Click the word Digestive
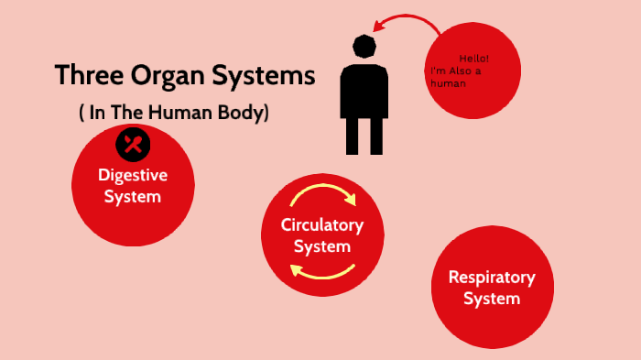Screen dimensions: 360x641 point(133,176)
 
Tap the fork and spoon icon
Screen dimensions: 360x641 point(133,144)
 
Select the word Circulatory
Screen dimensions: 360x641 point(322,225)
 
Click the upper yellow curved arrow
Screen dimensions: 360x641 point(321,196)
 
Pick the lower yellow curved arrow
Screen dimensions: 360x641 point(322,270)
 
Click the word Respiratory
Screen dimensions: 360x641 point(492,278)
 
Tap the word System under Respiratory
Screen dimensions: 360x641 point(492,299)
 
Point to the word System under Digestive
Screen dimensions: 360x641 point(133,196)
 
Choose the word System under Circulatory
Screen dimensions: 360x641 point(322,246)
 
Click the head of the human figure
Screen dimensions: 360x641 point(364,47)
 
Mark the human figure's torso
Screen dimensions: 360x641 point(364,91)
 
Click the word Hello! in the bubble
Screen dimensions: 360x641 point(474,57)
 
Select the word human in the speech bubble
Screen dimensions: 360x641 point(449,83)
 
